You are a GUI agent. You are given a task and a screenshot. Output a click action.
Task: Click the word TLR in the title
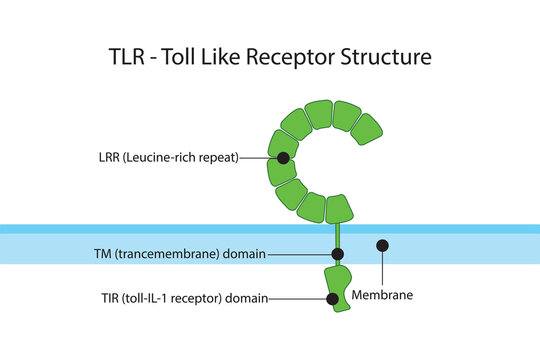click(x=129, y=57)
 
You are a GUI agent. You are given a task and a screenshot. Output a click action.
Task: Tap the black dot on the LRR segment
click(x=284, y=158)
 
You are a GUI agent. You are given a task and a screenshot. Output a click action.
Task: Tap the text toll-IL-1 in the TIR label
click(x=155, y=298)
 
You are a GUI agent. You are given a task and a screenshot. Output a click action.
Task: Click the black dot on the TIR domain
click(x=333, y=298)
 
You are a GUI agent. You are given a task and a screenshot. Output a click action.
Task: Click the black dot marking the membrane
click(x=382, y=245)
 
